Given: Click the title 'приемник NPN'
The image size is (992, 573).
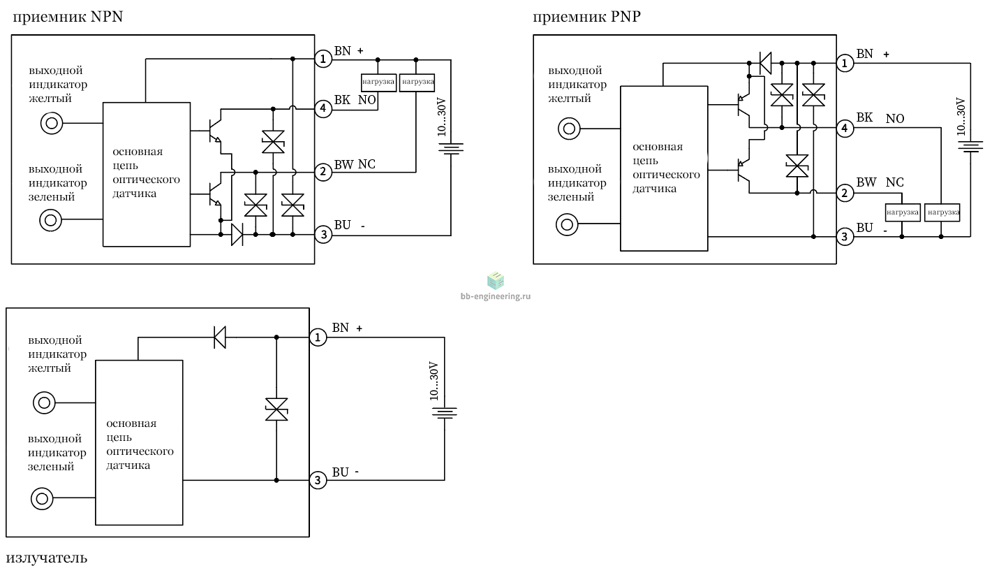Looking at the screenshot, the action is pos(68,17).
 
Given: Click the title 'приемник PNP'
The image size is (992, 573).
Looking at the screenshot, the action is pos(586,17).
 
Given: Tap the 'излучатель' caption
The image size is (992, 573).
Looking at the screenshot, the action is pos(47,558).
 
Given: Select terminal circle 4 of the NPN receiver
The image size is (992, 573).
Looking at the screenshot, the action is pos(323,108).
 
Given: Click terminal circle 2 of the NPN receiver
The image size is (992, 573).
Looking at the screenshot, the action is pos(323,171).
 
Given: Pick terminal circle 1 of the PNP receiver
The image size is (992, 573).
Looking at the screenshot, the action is pos(845,64).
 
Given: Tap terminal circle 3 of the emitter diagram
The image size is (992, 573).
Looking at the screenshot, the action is pos(318,480).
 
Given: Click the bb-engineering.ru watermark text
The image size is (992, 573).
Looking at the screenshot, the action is pos(495,296).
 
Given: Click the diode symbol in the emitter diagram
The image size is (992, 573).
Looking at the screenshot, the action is pos(220,338).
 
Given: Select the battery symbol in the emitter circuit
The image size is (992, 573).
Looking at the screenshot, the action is pos(444,413).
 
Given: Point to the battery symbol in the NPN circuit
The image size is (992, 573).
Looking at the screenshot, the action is pos(451,148).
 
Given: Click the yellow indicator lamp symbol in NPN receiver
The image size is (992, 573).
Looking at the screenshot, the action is pos(52,123).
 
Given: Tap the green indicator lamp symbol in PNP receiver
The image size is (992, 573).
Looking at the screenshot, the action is pos(567,225).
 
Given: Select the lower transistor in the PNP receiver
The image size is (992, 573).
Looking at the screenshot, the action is pos(743,171).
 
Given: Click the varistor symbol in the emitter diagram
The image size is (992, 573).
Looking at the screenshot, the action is pos(276,409).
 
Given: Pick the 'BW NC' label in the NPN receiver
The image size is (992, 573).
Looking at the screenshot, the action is pos(355,164).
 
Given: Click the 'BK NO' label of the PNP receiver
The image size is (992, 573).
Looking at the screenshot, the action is pos(880,118).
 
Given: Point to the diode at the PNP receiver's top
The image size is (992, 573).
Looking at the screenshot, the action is pos(765,64).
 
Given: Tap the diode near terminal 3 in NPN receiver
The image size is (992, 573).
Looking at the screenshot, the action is pos(237,234).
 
